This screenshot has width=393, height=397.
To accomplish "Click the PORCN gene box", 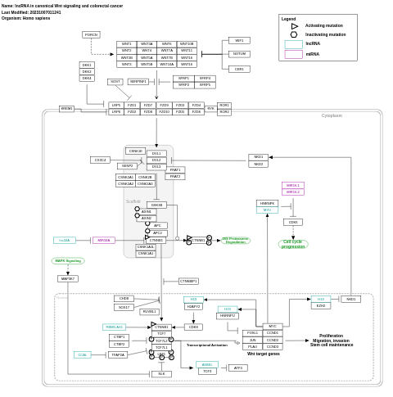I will tap(91, 34).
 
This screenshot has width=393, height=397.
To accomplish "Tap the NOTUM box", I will tap(239, 54).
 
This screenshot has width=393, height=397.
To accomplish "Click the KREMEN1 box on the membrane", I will tap(66, 109).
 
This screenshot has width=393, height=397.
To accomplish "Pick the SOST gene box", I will tap(115, 82).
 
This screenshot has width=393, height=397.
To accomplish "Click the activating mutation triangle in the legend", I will tap(294, 26).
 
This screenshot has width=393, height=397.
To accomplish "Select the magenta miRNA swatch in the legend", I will tap(294, 54).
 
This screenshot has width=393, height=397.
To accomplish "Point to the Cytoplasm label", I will tap(332, 115).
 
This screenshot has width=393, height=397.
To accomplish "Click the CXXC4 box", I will tap(100, 160).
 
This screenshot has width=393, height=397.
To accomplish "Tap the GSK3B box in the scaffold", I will tap(156, 205).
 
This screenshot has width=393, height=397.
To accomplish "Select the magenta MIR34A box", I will tap(103, 241).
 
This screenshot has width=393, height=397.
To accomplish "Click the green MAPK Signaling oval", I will tap(68, 261).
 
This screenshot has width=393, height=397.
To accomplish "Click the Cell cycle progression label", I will tap(293, 244).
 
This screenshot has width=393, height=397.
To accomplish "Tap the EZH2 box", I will tap(321, 305).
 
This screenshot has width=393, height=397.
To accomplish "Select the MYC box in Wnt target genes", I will tap(273, 327).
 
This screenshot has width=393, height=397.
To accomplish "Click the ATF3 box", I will tap(238, 368).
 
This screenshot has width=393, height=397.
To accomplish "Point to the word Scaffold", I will tap(133, 201).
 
